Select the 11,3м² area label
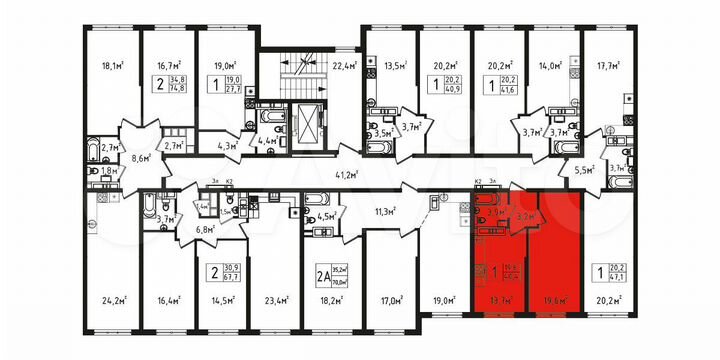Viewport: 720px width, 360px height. click(383, 212)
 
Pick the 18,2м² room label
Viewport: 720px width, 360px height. click(332, 297)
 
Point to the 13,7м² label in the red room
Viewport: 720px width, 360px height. click(497, 297)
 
